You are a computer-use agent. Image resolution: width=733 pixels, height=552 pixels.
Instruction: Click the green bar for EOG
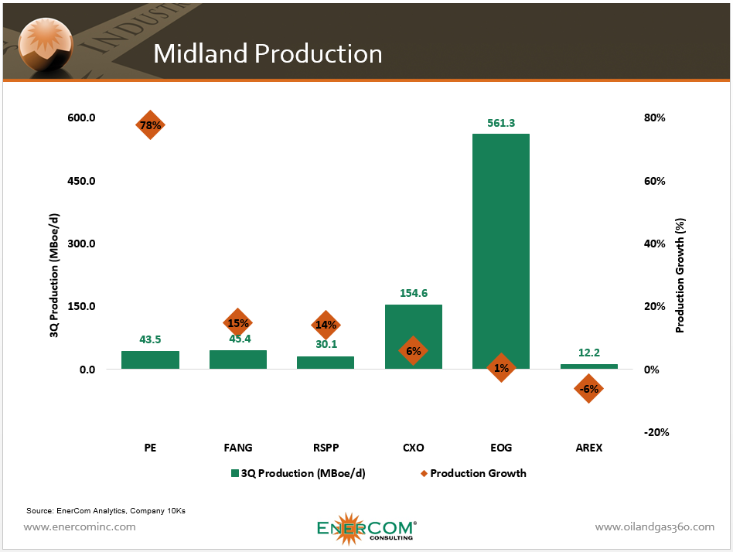(x=501, y=247)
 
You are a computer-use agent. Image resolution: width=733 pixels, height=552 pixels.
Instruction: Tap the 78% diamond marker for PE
(x=150, y=124)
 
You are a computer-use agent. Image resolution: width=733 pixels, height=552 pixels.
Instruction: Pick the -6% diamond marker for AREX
(x=589, y=389)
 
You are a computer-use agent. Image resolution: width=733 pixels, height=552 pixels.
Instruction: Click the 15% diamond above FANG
(x=237, y=323)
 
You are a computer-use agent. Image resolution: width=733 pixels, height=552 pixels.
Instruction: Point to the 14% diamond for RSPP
(x=326, y=325)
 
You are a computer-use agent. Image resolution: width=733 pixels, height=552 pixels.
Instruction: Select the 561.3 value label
(x=501, y=122)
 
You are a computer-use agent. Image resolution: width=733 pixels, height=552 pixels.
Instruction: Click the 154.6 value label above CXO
(x=413, y=293)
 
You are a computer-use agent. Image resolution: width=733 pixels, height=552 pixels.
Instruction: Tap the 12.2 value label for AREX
(x=589, y=353)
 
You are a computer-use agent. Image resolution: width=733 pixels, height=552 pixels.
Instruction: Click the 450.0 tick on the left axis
(x=81, y=181)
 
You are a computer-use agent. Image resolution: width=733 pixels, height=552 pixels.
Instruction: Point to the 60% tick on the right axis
(x=654, y=181)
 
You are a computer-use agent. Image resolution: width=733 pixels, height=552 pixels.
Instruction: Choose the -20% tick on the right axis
(x=655, y=432)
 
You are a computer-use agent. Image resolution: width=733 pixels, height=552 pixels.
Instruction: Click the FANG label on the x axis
(x=237, y=448)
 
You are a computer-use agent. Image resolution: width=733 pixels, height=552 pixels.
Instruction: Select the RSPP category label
(x=326, y=448)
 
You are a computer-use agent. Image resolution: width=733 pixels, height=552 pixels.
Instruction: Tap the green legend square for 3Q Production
(x=234, y=473)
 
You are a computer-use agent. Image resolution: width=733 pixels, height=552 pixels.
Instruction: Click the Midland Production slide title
(x=268, y=53)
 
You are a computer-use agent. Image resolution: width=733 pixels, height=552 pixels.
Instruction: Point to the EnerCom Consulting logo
(x=366, y=528)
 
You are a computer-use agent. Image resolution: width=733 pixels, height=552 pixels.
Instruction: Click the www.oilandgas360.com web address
(x=654, y=526)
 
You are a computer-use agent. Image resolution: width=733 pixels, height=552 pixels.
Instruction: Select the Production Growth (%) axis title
(x=680, y=275)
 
